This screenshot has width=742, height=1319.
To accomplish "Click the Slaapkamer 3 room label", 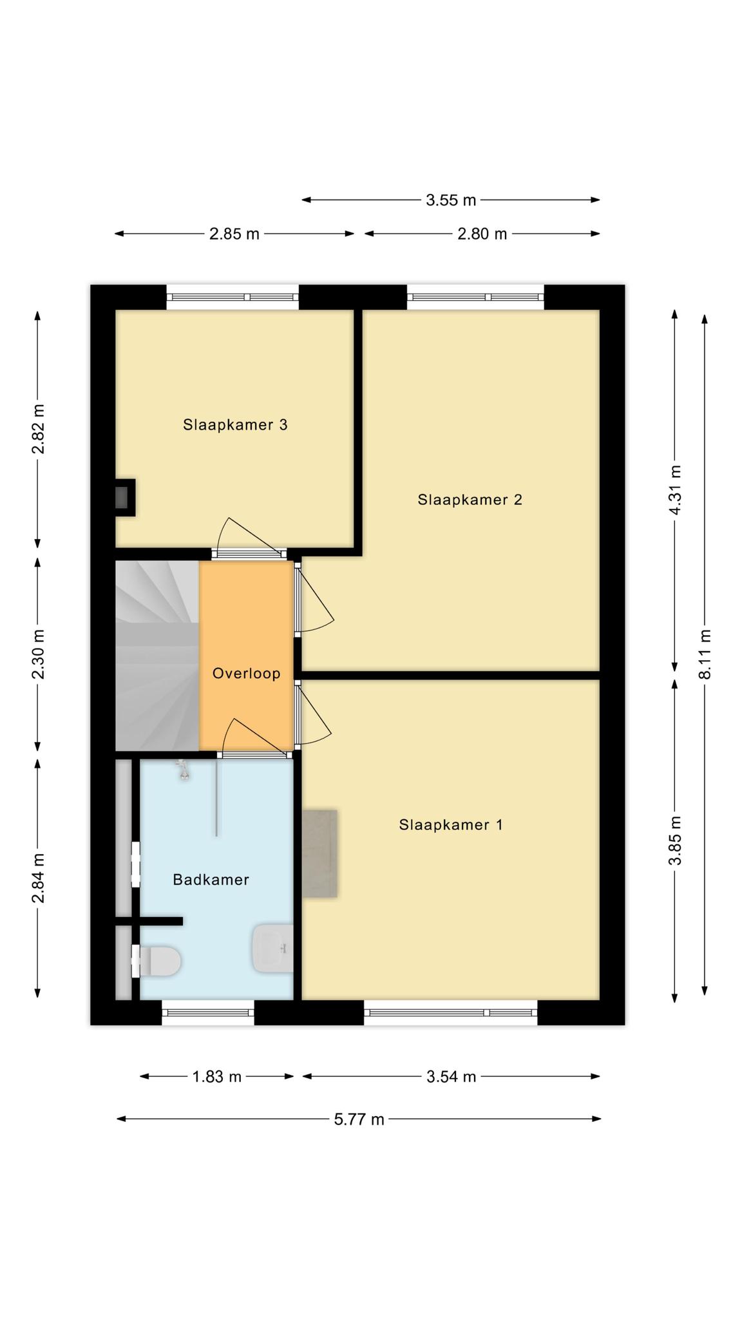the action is tap(235, 424).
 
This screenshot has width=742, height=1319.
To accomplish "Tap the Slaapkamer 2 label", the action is tap(470, 499).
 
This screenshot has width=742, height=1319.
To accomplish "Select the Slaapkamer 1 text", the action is tap(451, 824).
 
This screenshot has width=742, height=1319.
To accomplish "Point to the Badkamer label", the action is tap(211, 879).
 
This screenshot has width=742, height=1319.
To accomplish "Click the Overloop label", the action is tap(247, 673).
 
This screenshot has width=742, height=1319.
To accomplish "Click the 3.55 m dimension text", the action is tap(451, 200).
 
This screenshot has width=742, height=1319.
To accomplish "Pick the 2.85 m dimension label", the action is tap(234, 234).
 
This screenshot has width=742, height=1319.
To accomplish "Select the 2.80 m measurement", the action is tap(482, 234).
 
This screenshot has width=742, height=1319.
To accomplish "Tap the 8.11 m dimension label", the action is tap(706, 654).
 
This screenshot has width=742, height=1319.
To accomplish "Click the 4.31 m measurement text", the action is tap(675, 490).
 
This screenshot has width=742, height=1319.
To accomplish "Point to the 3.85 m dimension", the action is tap(675, 840).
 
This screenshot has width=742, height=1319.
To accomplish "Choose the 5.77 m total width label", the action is tap(359, 1119).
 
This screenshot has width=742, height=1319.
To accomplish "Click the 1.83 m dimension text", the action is tap(216, 1076).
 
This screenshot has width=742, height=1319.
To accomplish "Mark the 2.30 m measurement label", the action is tap(39, 654).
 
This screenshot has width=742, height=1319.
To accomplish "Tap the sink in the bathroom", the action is tap(273, 949).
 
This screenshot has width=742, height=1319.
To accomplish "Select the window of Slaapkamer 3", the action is tap(233, 297).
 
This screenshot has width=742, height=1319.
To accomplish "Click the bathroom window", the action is tap(207, 1012).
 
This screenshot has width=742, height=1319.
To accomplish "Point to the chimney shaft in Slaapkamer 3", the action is tap(125, 497).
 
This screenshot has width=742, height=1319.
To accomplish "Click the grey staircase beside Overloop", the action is tap(157, 656).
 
